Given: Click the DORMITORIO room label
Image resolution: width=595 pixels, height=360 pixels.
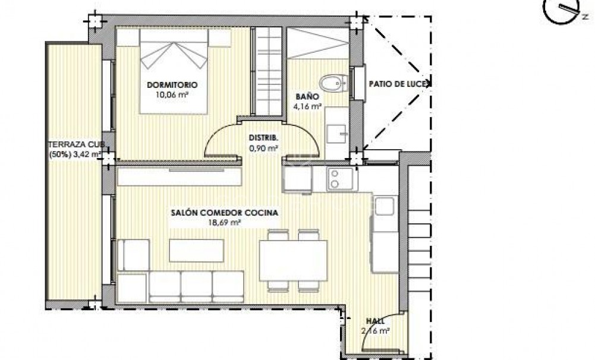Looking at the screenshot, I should (172, 84).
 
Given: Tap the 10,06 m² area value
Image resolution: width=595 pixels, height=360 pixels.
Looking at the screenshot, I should (172, 93).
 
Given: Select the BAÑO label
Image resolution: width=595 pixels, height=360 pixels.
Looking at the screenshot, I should (308, 96).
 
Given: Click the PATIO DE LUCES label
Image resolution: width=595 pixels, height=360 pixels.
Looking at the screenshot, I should (398, 84).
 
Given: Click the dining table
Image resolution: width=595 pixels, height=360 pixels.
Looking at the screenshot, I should (294, 260).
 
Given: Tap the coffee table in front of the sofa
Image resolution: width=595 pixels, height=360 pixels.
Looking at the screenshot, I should (197, 250).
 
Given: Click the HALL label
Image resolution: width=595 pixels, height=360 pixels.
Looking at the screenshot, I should (376, 321).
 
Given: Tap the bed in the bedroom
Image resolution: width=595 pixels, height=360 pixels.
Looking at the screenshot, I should (174, 71).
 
